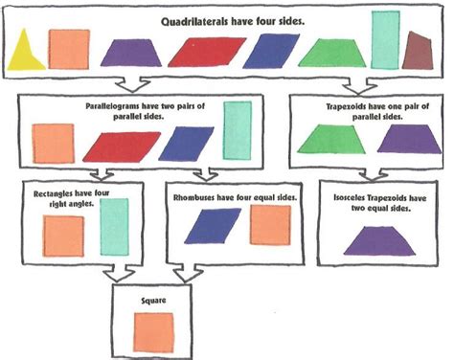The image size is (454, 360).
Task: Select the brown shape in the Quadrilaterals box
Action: click(417, 52)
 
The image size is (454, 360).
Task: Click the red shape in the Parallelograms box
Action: click(119, 146)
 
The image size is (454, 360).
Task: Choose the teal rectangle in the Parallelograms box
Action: click(238, 129)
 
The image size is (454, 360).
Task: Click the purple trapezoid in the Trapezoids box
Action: click(408, 139)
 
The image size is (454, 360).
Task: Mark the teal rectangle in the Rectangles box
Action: click(113, 227)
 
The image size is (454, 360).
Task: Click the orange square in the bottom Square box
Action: click(153, 331)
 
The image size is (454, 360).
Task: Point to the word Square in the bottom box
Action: click(152, 301)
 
